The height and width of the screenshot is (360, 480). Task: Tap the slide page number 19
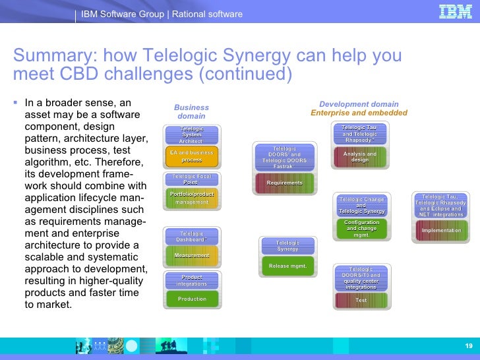click(x=468, y=347)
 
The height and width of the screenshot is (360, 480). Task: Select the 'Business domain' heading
click(x=191, y=111)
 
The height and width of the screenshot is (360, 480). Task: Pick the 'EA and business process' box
click(x=191, y=156)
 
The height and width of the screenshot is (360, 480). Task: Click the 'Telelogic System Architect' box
click(x=191, y=135)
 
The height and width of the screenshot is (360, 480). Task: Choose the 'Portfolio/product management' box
click(x=191, y=198)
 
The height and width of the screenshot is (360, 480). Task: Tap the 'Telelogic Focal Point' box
click(x=191, y=179)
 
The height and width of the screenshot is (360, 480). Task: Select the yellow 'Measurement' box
click(x=191, y=255)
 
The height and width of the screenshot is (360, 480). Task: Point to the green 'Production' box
click(x=191, y=299)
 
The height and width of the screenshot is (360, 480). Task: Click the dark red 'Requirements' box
click(x=284, y=183)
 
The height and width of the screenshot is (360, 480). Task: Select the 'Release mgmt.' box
click(x=287, y=266)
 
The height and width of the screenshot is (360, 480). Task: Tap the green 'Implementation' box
click(x=441, y=230)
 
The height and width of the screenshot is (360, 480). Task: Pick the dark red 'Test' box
click(x=361, y=300)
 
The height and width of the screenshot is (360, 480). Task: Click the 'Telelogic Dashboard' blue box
click(x=191, y=236)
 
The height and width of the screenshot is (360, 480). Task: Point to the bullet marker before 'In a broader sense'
click(x=16, y=103)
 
